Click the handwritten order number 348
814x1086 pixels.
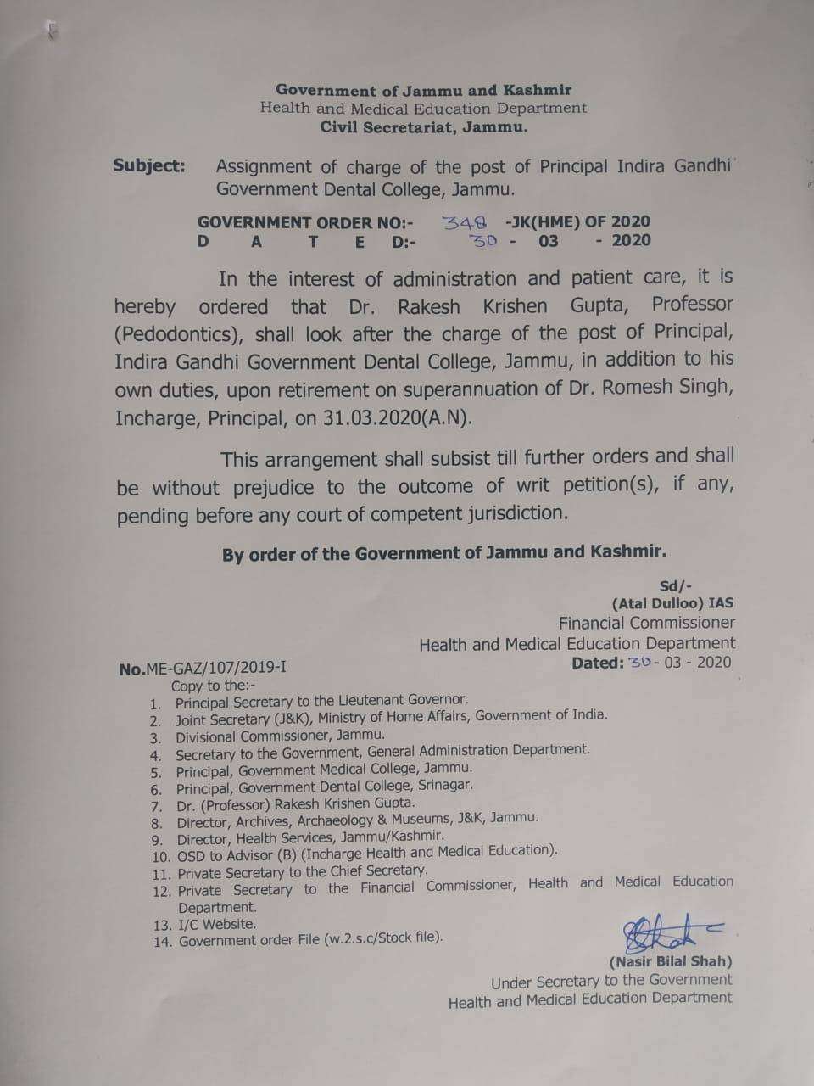[465, 222]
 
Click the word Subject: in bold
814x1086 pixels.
[149, 165]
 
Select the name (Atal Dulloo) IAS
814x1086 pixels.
[672, 603]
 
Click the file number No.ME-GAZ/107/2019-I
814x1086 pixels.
[203, 668]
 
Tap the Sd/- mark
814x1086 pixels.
[675, 585]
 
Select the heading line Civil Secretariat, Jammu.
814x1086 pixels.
[423, 127]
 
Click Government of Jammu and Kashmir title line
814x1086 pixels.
[423, 90]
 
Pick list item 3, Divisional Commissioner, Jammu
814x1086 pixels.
[280, 736]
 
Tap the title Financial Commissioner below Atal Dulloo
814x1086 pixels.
[646, 623]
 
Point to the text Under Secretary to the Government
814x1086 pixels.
[610, 981]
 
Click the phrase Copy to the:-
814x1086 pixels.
[213, 686]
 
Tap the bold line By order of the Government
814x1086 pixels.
[443, 553]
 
